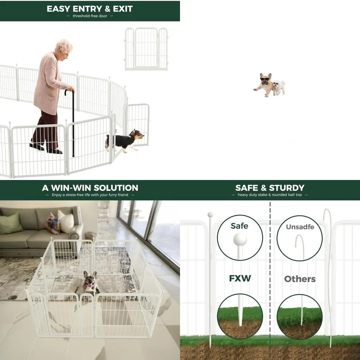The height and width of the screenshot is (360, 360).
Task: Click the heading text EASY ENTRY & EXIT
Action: (90, 9)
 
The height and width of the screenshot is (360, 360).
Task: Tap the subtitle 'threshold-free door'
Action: (90, 16)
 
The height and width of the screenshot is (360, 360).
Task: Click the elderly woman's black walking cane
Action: (72, 122)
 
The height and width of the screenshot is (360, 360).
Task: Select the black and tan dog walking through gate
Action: (124, 140)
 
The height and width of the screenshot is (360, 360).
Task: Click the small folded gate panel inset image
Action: (146, 49)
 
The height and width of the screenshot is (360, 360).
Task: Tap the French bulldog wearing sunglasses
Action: (265, 84)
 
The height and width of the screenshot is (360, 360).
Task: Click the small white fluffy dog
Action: (279, 87)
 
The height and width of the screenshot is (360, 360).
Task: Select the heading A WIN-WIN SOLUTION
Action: (90, 188)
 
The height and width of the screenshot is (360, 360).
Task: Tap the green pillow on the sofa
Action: (11, 223)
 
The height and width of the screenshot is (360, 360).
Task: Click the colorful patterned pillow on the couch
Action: (53, 223)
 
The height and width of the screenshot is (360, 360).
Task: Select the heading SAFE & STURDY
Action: (270, 188)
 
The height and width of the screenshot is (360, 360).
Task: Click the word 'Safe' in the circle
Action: (240, 226)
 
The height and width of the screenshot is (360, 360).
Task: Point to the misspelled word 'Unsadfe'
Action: (300, 227)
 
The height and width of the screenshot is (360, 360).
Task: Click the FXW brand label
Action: (240, 279)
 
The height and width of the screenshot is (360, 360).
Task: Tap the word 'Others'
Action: (300, 279)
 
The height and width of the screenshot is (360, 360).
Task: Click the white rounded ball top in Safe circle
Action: (240, 239)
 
